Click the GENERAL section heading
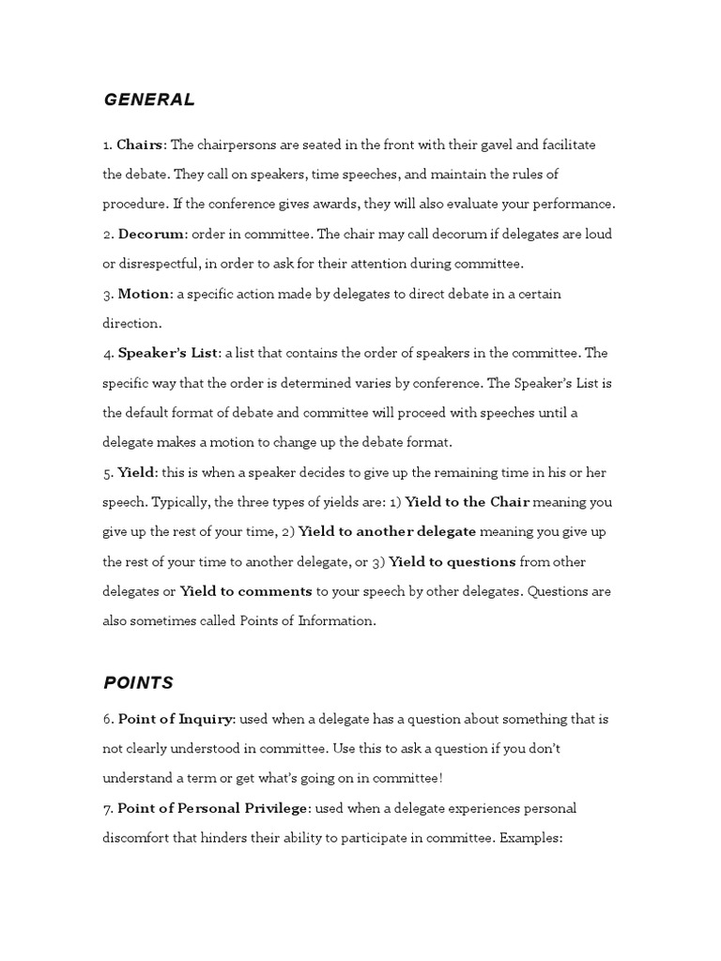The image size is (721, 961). pos(149,99)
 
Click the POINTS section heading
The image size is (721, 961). pos(138,682)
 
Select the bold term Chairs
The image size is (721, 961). pos(140,145)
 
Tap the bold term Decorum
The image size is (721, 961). pos(151,234)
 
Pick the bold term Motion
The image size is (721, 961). pos(145,294)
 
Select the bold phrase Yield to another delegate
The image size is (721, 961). pos(387,532)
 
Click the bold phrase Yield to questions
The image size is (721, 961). pos(452,562)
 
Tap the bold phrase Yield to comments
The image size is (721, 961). pos(246,592)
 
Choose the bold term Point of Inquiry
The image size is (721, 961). pos(175,719)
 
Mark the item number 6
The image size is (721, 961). pos(107,719)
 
